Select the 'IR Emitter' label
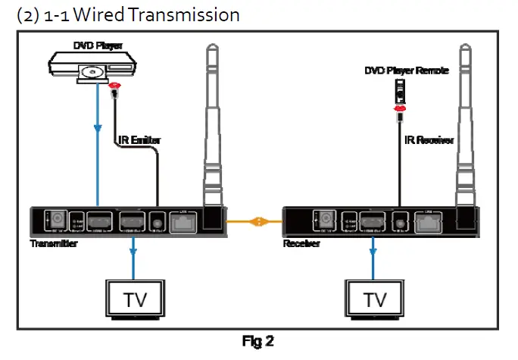click(141, 139)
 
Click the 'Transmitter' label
click(54, 244)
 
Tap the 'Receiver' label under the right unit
click(302, 244)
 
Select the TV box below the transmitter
click(133, 299)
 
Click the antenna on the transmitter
click(215, 129)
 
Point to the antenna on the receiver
click(465, 129)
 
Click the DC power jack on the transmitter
click(54, 221)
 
